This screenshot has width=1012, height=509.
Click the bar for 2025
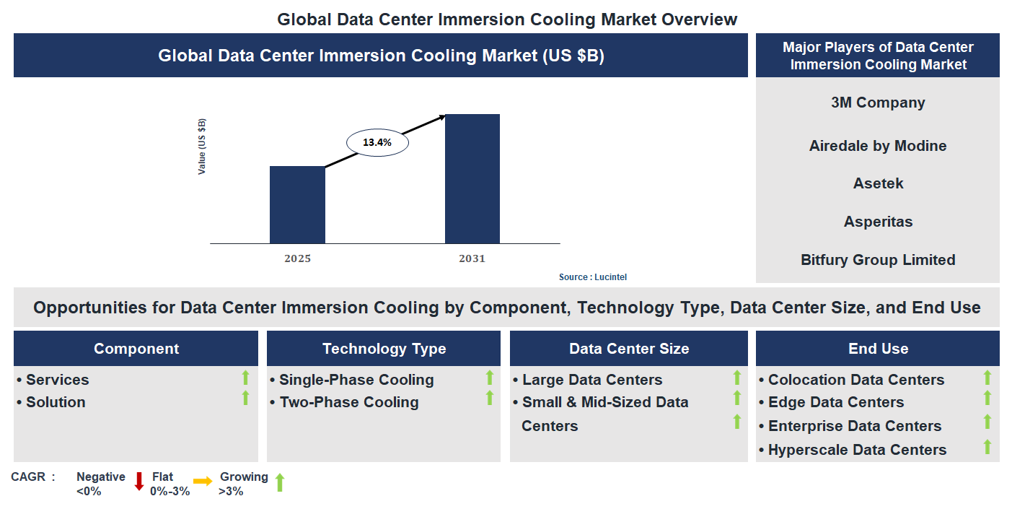click(x=297, y=205)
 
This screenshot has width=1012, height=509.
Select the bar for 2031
click(x=472, y=179)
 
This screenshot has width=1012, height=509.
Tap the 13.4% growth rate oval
click(x=377, y=143)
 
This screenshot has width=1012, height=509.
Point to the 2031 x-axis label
click(x=472, y=258)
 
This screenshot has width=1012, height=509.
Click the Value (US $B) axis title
click(x=202, y=146)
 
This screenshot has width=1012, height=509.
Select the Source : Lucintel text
click(x=588, y=277)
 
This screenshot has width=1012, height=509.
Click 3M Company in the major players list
click(x=877, y=103)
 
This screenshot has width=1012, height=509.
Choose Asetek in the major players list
click(x=877, y=183)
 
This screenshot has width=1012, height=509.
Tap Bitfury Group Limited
click(x=877, y=260)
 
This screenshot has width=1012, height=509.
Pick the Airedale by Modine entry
click(x=877, y=146)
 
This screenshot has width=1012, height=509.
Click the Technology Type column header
click(x=384, y=349)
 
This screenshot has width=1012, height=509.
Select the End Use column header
click(x=877, y=349)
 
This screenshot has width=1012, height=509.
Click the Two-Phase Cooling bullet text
click(x=348, y=402)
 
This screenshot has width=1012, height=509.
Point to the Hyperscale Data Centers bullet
click(x=856, y=450)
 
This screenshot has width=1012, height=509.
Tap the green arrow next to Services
click(x=245, y=377)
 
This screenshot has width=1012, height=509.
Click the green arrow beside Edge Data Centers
click(x=987, y=399)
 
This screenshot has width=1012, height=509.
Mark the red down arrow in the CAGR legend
click(x=139, y=482)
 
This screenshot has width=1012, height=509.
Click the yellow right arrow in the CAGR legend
click(x=203, y=482)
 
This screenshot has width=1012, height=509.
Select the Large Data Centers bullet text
click(x=591, y=380)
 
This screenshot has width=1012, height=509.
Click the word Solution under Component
click(x=56, y=402)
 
